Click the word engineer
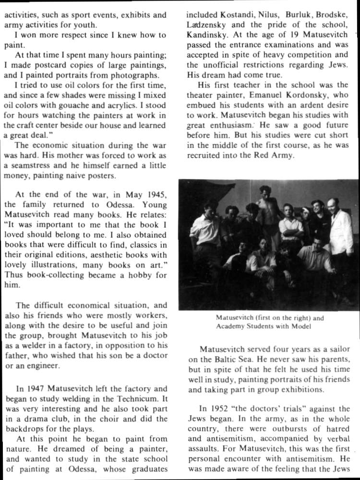(43, 366)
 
